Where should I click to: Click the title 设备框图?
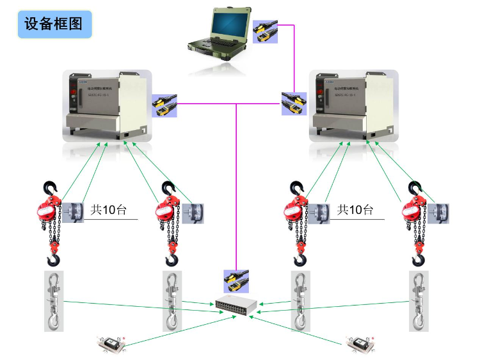[54, 24]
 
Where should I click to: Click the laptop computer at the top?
[218, 29]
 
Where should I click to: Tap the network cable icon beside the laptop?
[265, 31]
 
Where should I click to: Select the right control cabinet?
[353, 106]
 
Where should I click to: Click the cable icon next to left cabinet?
[163, 105]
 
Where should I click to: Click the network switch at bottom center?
[236, 307]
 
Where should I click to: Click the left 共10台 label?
[108, 209]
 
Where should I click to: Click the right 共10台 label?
[355, 209]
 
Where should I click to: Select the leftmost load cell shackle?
[54, 300]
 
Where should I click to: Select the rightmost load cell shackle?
[419, 300]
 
